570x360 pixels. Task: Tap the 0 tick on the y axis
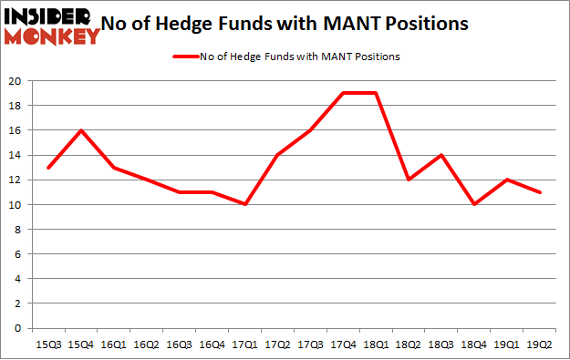pyautogui.click(x=19, y=328)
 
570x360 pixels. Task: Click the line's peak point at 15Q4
pyautogui.click(x=80, y=130)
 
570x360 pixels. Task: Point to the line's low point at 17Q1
pyautogui.click(x=244, y=205)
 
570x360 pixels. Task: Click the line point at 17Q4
pyautogui.click(x=342, y=93)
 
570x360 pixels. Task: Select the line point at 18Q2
pyautogui.click(x=408, y=180)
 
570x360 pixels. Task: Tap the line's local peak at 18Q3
pyautogui.click(x=440, y=155)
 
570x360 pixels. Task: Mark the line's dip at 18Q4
pyautogui.click(x=473, y=205)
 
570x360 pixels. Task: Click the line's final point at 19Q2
pyautogui.click(x=539, y=192)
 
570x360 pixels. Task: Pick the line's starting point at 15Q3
pyautogui.click(x=47, y=168)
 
